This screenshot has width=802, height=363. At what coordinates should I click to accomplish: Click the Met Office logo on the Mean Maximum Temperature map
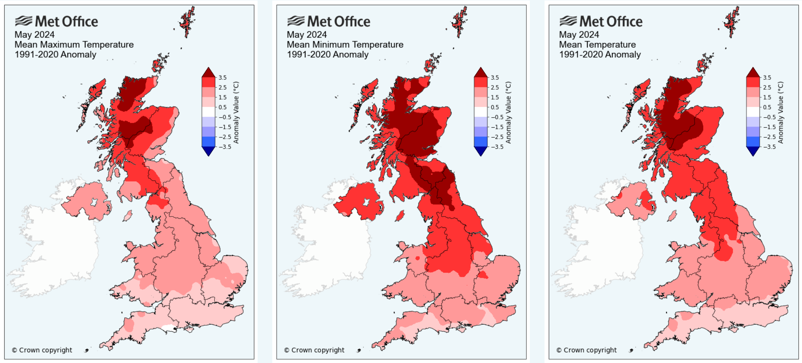[x=56, y=21]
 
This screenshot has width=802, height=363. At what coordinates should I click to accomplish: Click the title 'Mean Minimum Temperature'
[x=345, y=45]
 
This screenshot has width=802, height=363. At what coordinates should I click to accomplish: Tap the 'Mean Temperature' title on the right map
[x=597, y=45]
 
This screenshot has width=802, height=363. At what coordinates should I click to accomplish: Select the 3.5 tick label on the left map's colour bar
[x=222, y=78]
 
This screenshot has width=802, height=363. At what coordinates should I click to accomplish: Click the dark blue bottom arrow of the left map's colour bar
[x=208, y=151]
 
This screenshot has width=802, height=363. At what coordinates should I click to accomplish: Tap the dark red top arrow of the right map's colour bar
[x=753, y=72]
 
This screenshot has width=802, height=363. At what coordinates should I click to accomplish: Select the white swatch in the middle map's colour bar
[x=480, y=112]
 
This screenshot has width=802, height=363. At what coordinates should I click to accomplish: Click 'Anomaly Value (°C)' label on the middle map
[x=508, y=112]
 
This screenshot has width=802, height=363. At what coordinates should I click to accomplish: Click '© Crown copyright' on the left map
[x=42, y=350]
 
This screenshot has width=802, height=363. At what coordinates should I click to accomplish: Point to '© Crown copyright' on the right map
[x=587, y=350]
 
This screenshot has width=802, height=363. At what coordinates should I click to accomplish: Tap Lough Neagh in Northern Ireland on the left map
[x=94, y=202]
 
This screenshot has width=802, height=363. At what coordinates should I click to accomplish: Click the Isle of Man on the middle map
[x=400, y=215]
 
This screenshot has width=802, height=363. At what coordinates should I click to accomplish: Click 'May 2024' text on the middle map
[x=306, y=35]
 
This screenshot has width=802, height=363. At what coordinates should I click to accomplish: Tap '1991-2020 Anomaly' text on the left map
[x=55, y=55]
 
